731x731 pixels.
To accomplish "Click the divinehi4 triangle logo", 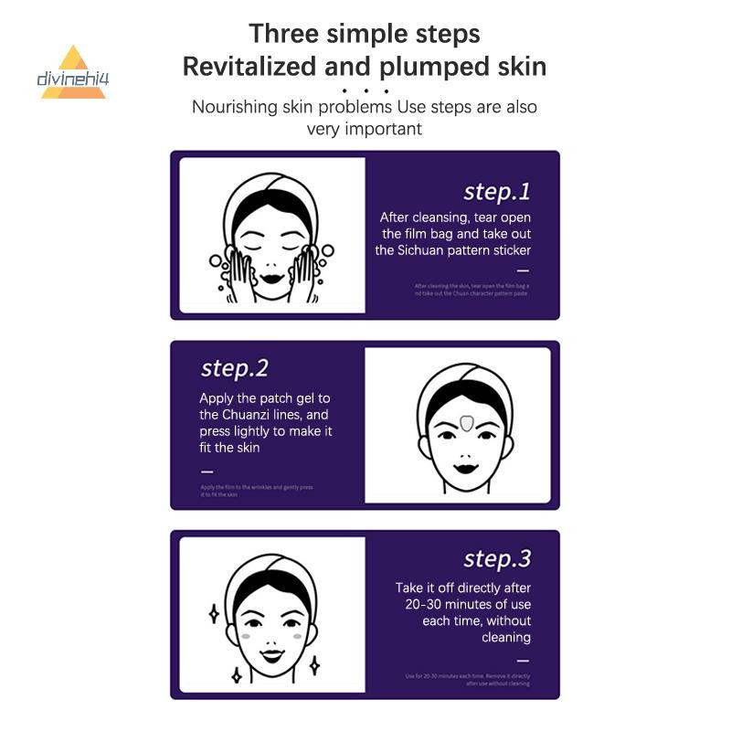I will point(73,73).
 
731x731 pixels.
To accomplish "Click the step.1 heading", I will point(496,192).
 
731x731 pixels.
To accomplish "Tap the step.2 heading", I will point(234,368).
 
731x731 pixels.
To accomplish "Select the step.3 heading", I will point(496,558).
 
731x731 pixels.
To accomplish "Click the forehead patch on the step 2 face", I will point(465,423).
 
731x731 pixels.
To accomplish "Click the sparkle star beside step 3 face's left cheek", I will point(214,613).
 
